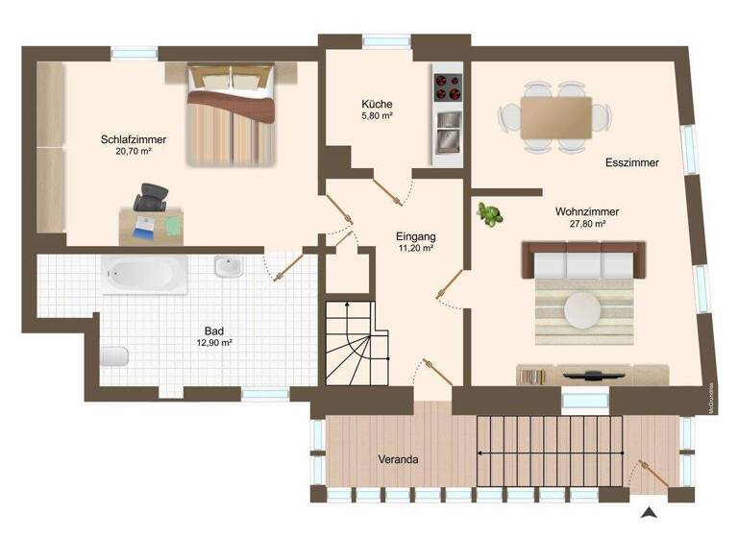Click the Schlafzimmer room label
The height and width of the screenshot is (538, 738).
pos(128,139)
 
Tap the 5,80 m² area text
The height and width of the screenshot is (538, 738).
pos(377,116)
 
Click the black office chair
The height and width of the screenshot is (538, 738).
pos(149,198)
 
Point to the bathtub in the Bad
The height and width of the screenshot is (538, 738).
pos(145,274)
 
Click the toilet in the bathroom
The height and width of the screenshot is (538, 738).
pos(113,356)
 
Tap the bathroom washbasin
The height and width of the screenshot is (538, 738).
pos(229,268)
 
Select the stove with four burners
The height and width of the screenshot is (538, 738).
pos(448,87)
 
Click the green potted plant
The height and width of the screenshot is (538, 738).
pos(491,214)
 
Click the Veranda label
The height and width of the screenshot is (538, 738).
pos(398,459)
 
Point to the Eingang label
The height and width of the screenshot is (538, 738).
pos(416,235)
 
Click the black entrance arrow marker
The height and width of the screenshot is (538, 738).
pos(651,512)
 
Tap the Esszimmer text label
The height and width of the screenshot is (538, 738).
pos(632,163)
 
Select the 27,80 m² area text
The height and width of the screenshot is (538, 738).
pos(586,224)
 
